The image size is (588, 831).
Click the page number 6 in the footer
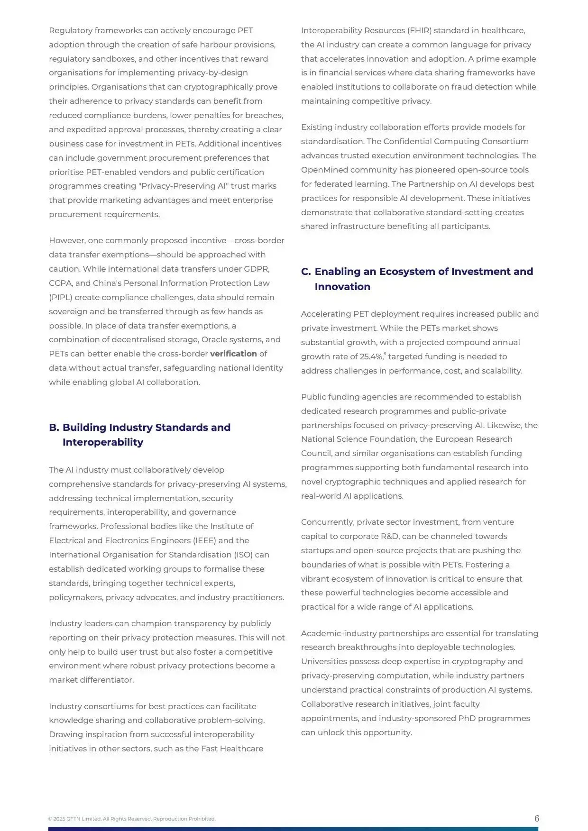[x=536, y=818]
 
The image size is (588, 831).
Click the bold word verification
[x=233, y=354]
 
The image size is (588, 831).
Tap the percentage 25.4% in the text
[x=370, y=356]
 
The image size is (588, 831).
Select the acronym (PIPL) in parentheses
[x=60, y=297]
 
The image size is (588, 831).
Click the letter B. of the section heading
[x=54, y=427]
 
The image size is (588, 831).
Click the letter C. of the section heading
[x=306, y=271]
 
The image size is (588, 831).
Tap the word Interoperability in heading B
[x=102, y=442]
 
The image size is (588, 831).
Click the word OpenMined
[x=323, y=170]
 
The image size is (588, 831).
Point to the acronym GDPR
[x=257, y=269]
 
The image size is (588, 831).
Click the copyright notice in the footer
[x=132, y=819]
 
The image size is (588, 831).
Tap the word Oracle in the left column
[x=214, y=339]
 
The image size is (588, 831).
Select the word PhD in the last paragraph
[x=467, y=718]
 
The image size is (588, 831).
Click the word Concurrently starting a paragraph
[x=327, y=522]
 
